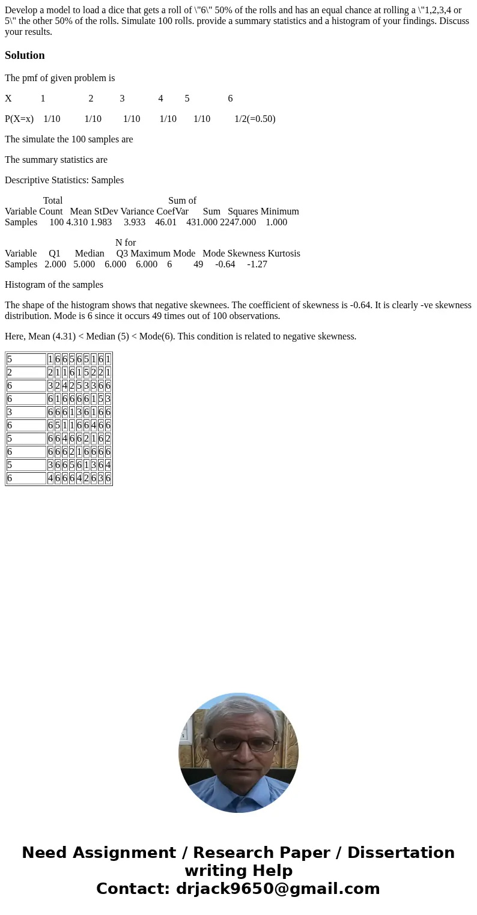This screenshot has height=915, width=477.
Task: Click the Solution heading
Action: (25, 55)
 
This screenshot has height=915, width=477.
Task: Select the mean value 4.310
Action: (77, 222)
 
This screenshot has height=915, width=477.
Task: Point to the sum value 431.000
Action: (202, 222)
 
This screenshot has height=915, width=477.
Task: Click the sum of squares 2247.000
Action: (238, 222)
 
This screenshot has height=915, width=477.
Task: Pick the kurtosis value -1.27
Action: (257, 264)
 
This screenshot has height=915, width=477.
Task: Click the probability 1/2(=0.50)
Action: (255, 119)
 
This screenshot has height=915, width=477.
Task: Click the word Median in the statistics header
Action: (90, 254)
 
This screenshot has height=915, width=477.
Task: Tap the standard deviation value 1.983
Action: (101, 222)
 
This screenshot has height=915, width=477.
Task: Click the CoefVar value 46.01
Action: (166, 222)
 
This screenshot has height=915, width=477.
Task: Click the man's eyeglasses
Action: (243, 746)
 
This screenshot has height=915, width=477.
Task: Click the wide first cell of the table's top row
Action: (26, 359)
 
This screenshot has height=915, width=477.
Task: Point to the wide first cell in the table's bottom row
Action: (26, 478)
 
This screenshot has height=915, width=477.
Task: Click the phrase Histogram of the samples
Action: (54, 285)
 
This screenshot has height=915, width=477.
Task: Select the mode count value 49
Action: (198, 264)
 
